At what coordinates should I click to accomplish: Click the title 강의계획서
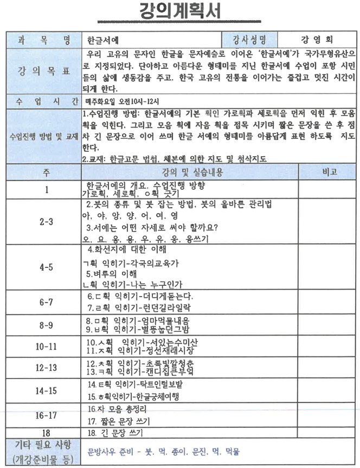coord(179,11)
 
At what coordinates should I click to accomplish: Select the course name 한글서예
coord(103,40)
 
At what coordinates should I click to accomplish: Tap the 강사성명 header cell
coord(249,40)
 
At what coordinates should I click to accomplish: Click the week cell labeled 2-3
coord(46,222)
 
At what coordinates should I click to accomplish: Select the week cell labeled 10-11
coord(46,346)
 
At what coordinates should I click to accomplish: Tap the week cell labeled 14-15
coord(46,390)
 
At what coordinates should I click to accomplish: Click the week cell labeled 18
coord(46,432)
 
